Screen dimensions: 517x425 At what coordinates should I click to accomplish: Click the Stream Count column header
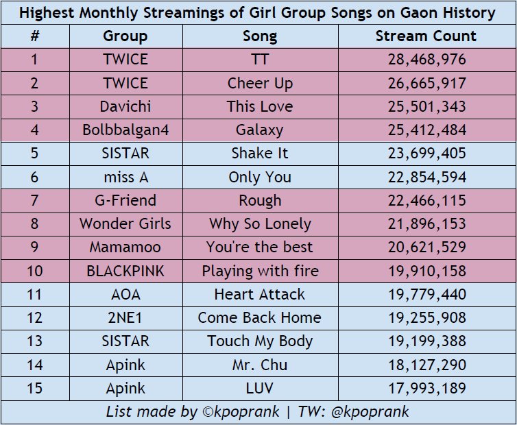coord(426,36)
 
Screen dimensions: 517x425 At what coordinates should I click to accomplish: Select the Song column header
coord(260,36)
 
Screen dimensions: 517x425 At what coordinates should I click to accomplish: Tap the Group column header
coord(125,36)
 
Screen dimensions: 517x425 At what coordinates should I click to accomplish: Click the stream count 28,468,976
coord(427,60)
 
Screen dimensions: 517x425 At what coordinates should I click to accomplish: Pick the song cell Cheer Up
coord(260,84)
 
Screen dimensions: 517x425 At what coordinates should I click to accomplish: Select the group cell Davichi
coord(125,106)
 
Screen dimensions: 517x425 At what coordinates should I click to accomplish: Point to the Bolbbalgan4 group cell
coord(125,130)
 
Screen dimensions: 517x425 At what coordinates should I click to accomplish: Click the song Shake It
coord(260,154)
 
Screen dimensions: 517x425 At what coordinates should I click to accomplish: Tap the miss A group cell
coord(126,177)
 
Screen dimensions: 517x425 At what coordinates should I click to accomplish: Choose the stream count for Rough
coord(427,200)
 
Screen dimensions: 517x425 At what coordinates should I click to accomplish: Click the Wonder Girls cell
coord(125,223)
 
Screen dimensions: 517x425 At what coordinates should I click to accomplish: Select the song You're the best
coord(259,247)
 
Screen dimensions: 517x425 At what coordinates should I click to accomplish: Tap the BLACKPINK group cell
coord(125,271)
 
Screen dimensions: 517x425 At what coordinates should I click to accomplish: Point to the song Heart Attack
coord(259,295)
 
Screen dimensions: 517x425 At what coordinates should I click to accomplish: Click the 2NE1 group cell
coord(125,318)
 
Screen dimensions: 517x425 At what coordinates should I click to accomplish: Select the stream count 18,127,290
coord(427,365)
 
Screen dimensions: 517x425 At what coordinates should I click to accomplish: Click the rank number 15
coord(34,388)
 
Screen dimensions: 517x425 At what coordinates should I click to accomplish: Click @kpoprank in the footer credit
coord(370,412)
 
